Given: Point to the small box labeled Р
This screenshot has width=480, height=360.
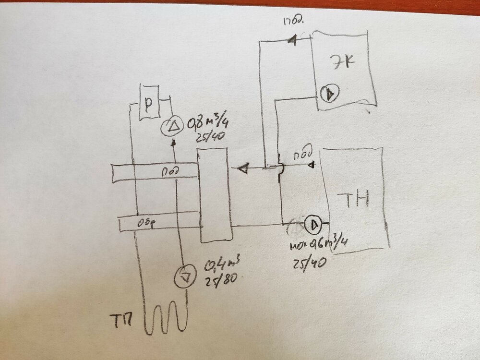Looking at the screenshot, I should pos(149,102).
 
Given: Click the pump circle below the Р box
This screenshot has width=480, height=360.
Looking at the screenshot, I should pos(171,126).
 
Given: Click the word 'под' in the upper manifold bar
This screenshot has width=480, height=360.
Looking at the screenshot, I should pos(168,170).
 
